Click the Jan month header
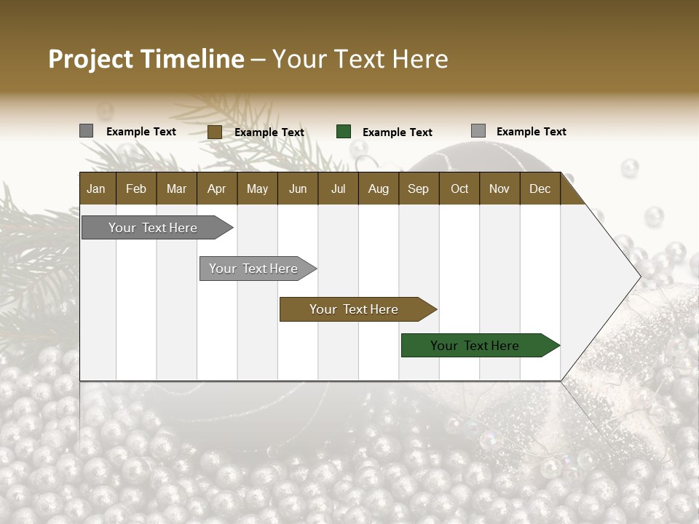(96, 188)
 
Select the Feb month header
(136, 188)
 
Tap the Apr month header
(216, 188)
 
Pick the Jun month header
(298, 188)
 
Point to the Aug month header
(379, 188)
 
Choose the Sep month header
(418, 188)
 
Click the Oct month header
(459, 188)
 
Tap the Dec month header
(540, 188)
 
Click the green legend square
(344, 132)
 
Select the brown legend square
(215, 132)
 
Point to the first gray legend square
(87, 131)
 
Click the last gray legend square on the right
(478, 131)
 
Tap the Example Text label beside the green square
(398, 132)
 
